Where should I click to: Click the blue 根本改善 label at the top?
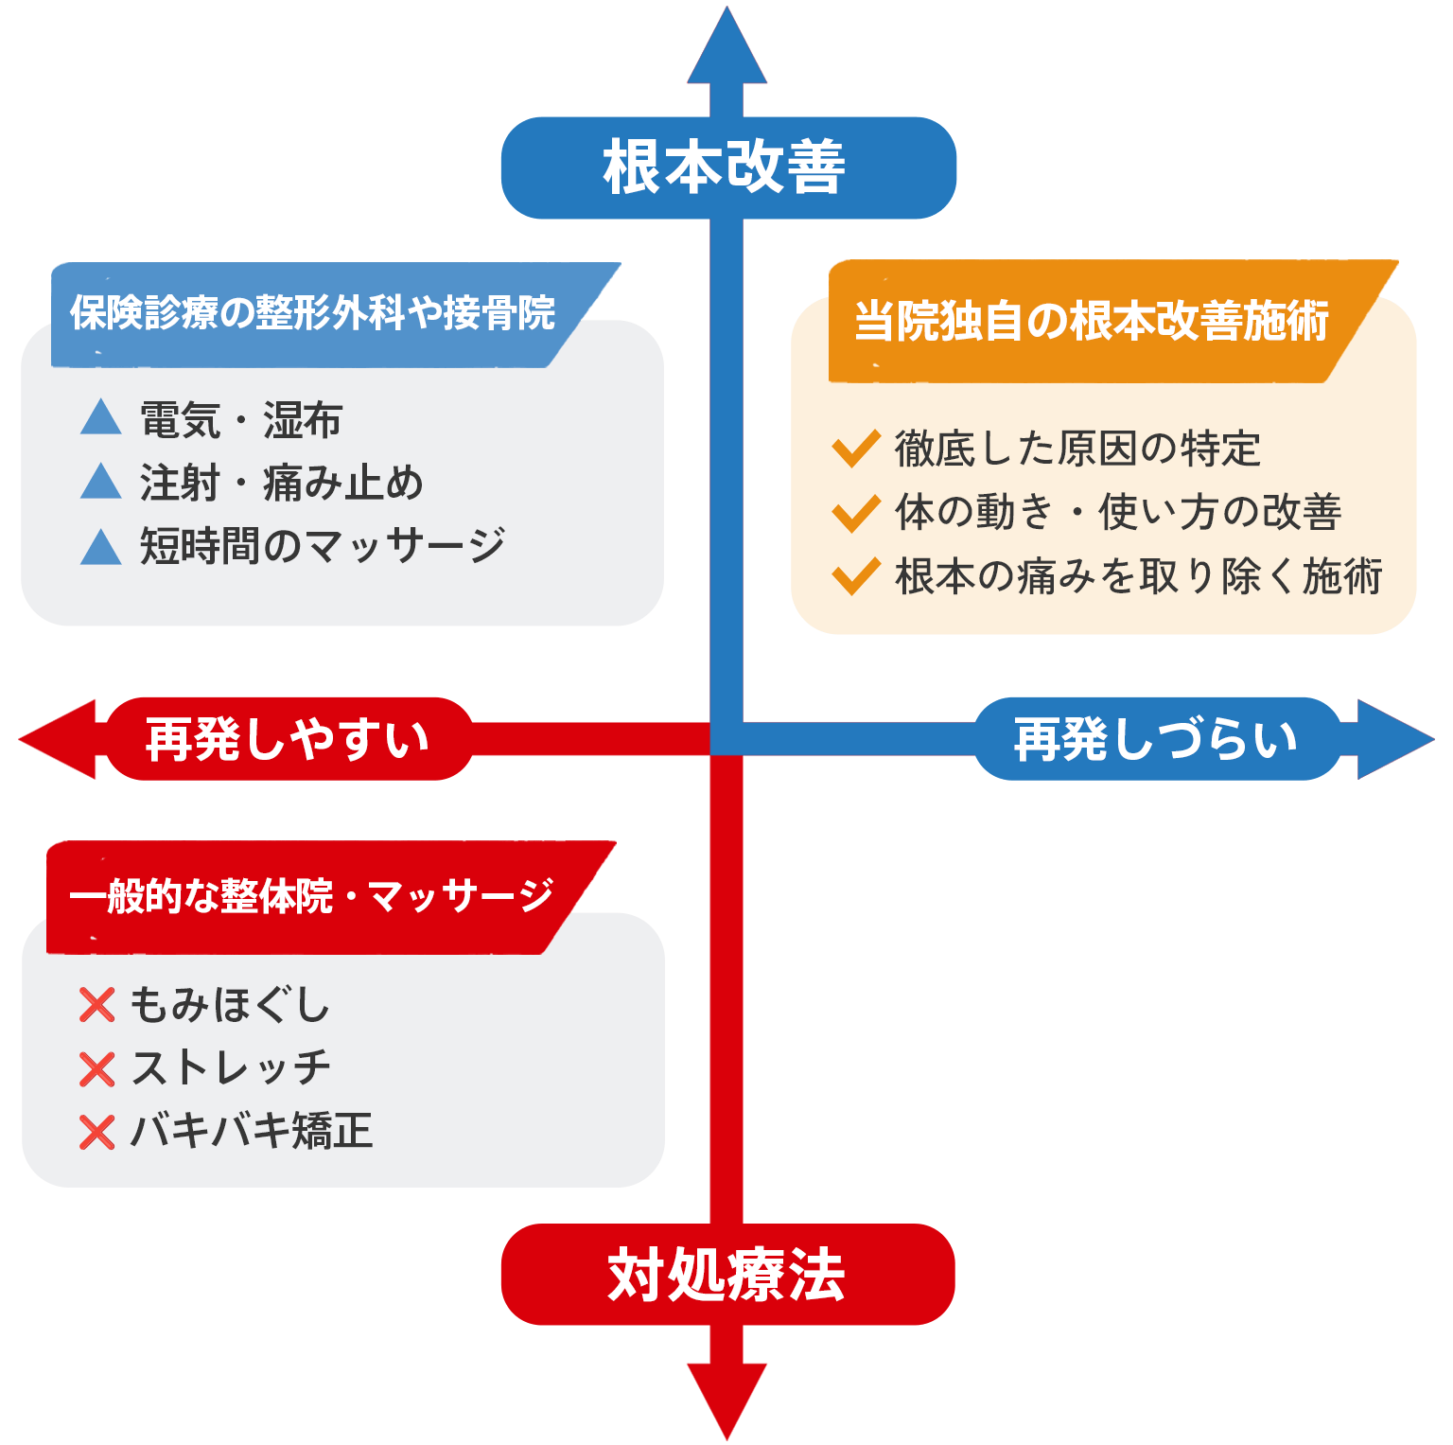[727, 167]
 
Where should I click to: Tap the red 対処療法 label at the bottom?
[726, 1274]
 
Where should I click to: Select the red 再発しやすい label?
[288, 739]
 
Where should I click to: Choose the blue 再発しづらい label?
[1156, 739]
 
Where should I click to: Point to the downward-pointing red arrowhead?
[726, 1396]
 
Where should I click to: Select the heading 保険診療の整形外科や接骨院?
[312, 313]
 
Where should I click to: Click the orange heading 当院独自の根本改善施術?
[1092, 321]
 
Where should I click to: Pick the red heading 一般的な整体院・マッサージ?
[310, 895]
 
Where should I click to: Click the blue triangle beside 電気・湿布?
[101, 417]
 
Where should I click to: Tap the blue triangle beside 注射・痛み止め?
[101, 482]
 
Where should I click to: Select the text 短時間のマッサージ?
[323, 545]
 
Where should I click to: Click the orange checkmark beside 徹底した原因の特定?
[856, 449]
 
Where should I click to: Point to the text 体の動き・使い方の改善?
[1118, 512]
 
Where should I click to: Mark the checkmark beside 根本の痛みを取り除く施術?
[856, 575]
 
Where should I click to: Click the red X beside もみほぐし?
[96, 1006]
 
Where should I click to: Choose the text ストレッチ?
[231, 1067]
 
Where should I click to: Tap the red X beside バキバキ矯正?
[96, 1132]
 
